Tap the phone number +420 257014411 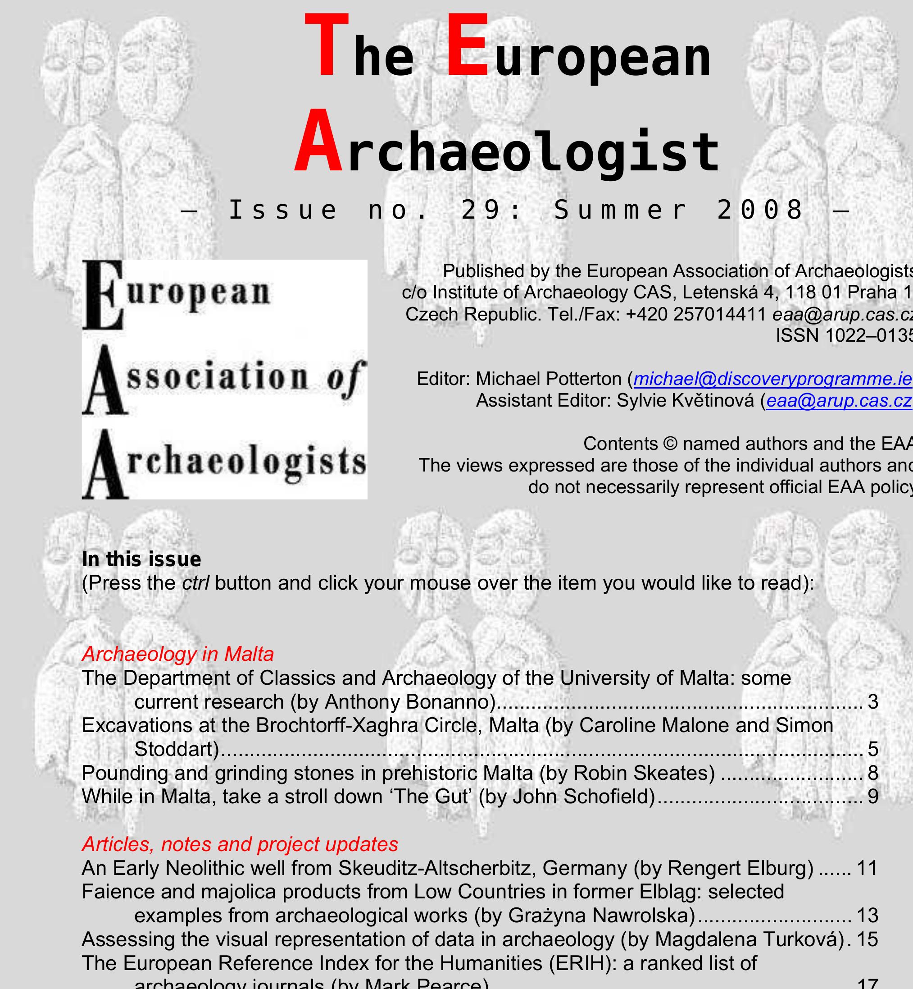(695, 314)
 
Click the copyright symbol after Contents (670, 444)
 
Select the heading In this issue (141, 559)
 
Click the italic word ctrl (195, 583)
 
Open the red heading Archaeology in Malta (178, 654)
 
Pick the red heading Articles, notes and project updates (240, 844)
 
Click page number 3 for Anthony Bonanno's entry (873, 702)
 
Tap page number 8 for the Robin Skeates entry (873, 773)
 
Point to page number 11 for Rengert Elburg (867, 868)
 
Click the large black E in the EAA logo (102, 295)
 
